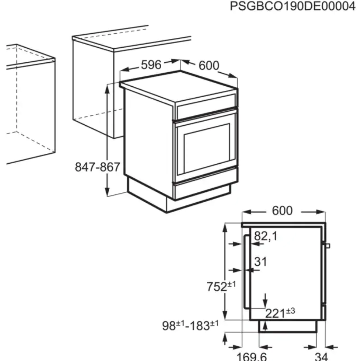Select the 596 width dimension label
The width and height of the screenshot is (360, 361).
[151, 65]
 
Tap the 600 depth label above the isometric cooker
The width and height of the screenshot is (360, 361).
[209, 65]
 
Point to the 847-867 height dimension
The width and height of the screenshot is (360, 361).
[97, 167]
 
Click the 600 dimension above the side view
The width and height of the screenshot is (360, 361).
[282, 211]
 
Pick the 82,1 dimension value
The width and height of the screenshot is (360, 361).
[265, 236]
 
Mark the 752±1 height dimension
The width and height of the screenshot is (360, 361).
[221, 286]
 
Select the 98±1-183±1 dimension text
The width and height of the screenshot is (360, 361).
[190, 326]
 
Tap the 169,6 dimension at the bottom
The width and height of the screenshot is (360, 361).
[252, 356]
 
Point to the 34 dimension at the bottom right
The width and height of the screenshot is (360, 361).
[321, 356]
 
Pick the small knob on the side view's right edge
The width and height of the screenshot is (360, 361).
[327, 246]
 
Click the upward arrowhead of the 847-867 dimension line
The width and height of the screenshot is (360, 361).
[107, 89]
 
